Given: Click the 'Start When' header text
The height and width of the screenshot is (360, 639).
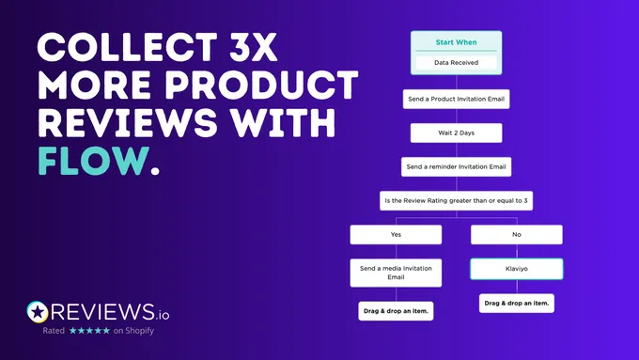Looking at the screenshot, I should pyautogui.click(x=456, y=42).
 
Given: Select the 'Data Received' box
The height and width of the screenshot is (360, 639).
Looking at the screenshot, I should pyautogui.click(x=456, y=63).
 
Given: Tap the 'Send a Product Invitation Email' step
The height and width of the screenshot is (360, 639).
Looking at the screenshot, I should pyautogui.click(x=456, y=98).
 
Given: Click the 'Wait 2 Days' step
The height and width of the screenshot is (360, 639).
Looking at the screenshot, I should pyautogui.click(x=456, y=133).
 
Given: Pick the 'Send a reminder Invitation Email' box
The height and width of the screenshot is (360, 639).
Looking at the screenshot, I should pyautogui.click(x=456, y=167).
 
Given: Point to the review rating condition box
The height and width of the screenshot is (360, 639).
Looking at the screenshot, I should pyautogui.click(x=456, y=201).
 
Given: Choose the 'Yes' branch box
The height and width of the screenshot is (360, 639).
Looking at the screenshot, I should pyautogui.click(x=395, y=235).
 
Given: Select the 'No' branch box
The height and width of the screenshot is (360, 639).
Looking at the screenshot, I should pyautogui.click(x=516, y=235).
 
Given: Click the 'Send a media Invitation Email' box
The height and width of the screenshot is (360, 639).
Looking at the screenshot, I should pyautogui.click(x=395, y=273).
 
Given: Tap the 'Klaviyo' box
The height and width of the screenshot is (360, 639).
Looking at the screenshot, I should pyautogui.click(x=516, y=269).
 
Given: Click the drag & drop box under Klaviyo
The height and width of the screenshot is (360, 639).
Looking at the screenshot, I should pyautogui.click(x=516, y=303).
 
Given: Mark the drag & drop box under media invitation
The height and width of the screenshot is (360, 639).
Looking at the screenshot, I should pyautogui.click(x=395, y=311).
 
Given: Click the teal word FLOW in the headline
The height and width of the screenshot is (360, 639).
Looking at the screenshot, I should pyautogui.click(x=89, y=161).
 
